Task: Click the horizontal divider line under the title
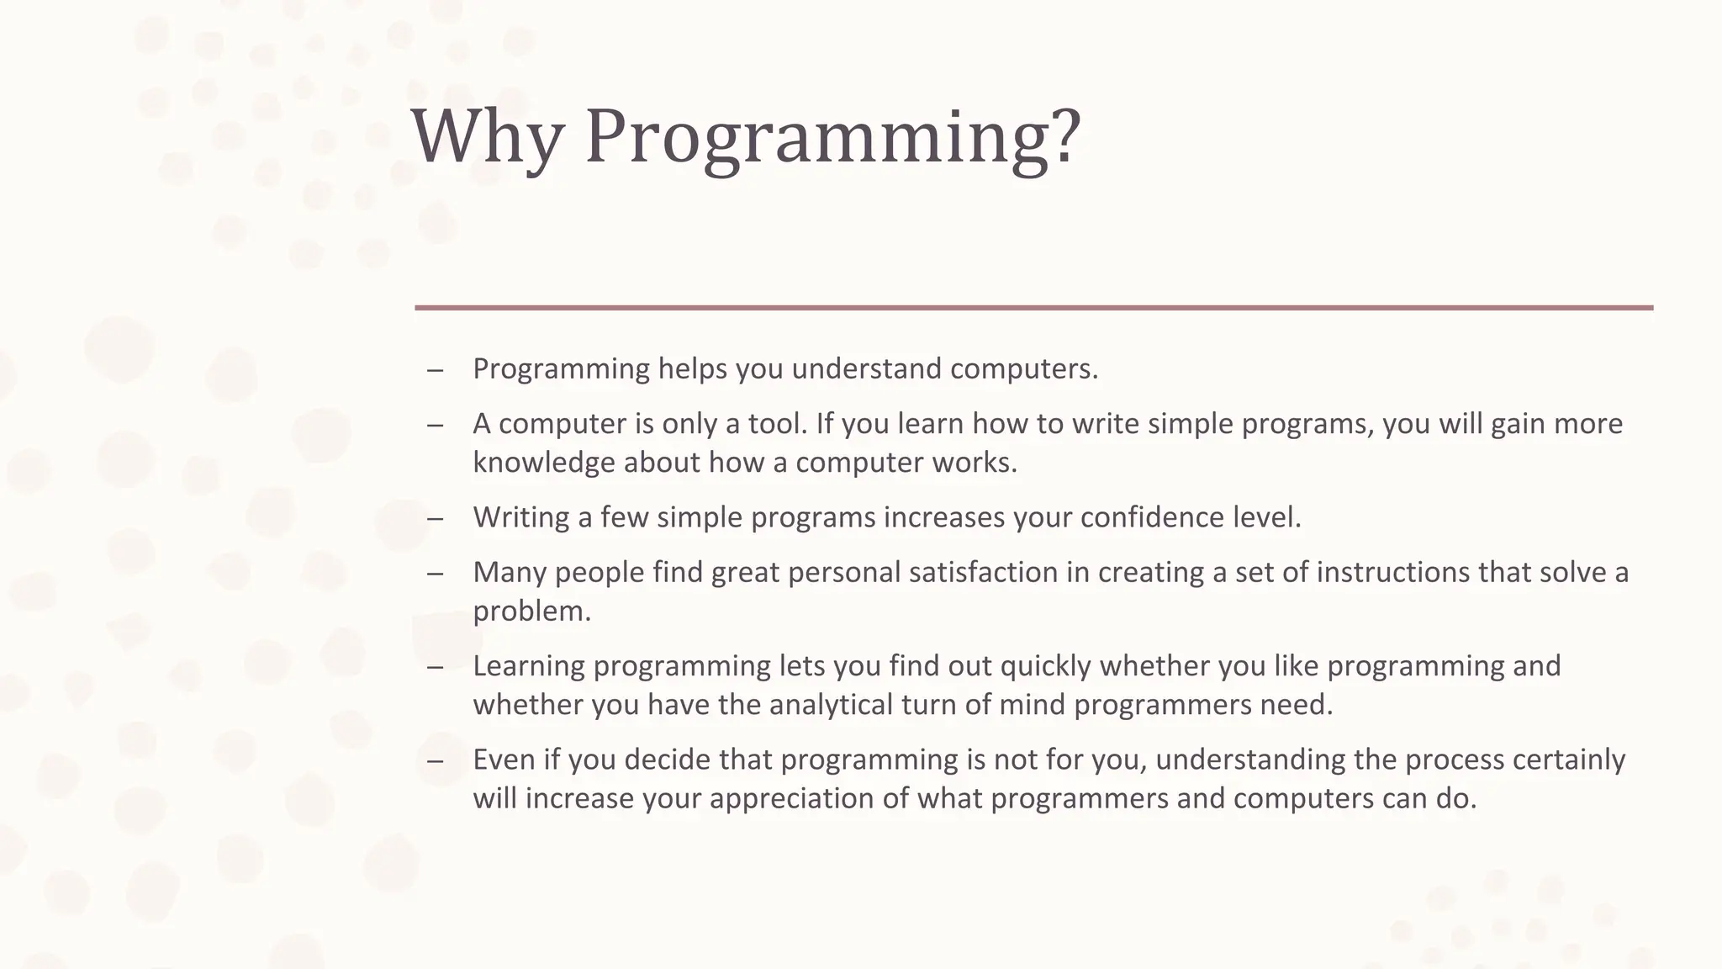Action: pyautogui.click(x=1033, y=308)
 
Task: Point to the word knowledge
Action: pyautogui.click(x=543, y=463)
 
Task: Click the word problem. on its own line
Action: pyautogui.click(x=531, y=612)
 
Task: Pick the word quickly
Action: pyautogui.click(x=1045, y=666)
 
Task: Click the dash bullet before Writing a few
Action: pyautogui.click(x=435, y=518)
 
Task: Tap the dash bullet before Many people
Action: pyautogui.click(x=435, y=574)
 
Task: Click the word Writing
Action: pyautogui.click(x=520, y=517)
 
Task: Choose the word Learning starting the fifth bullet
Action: pyautogui.click(x=529, y=666)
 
